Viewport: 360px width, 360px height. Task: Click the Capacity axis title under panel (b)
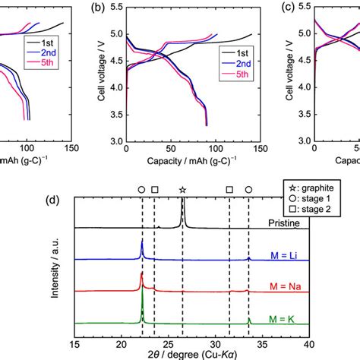190,161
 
